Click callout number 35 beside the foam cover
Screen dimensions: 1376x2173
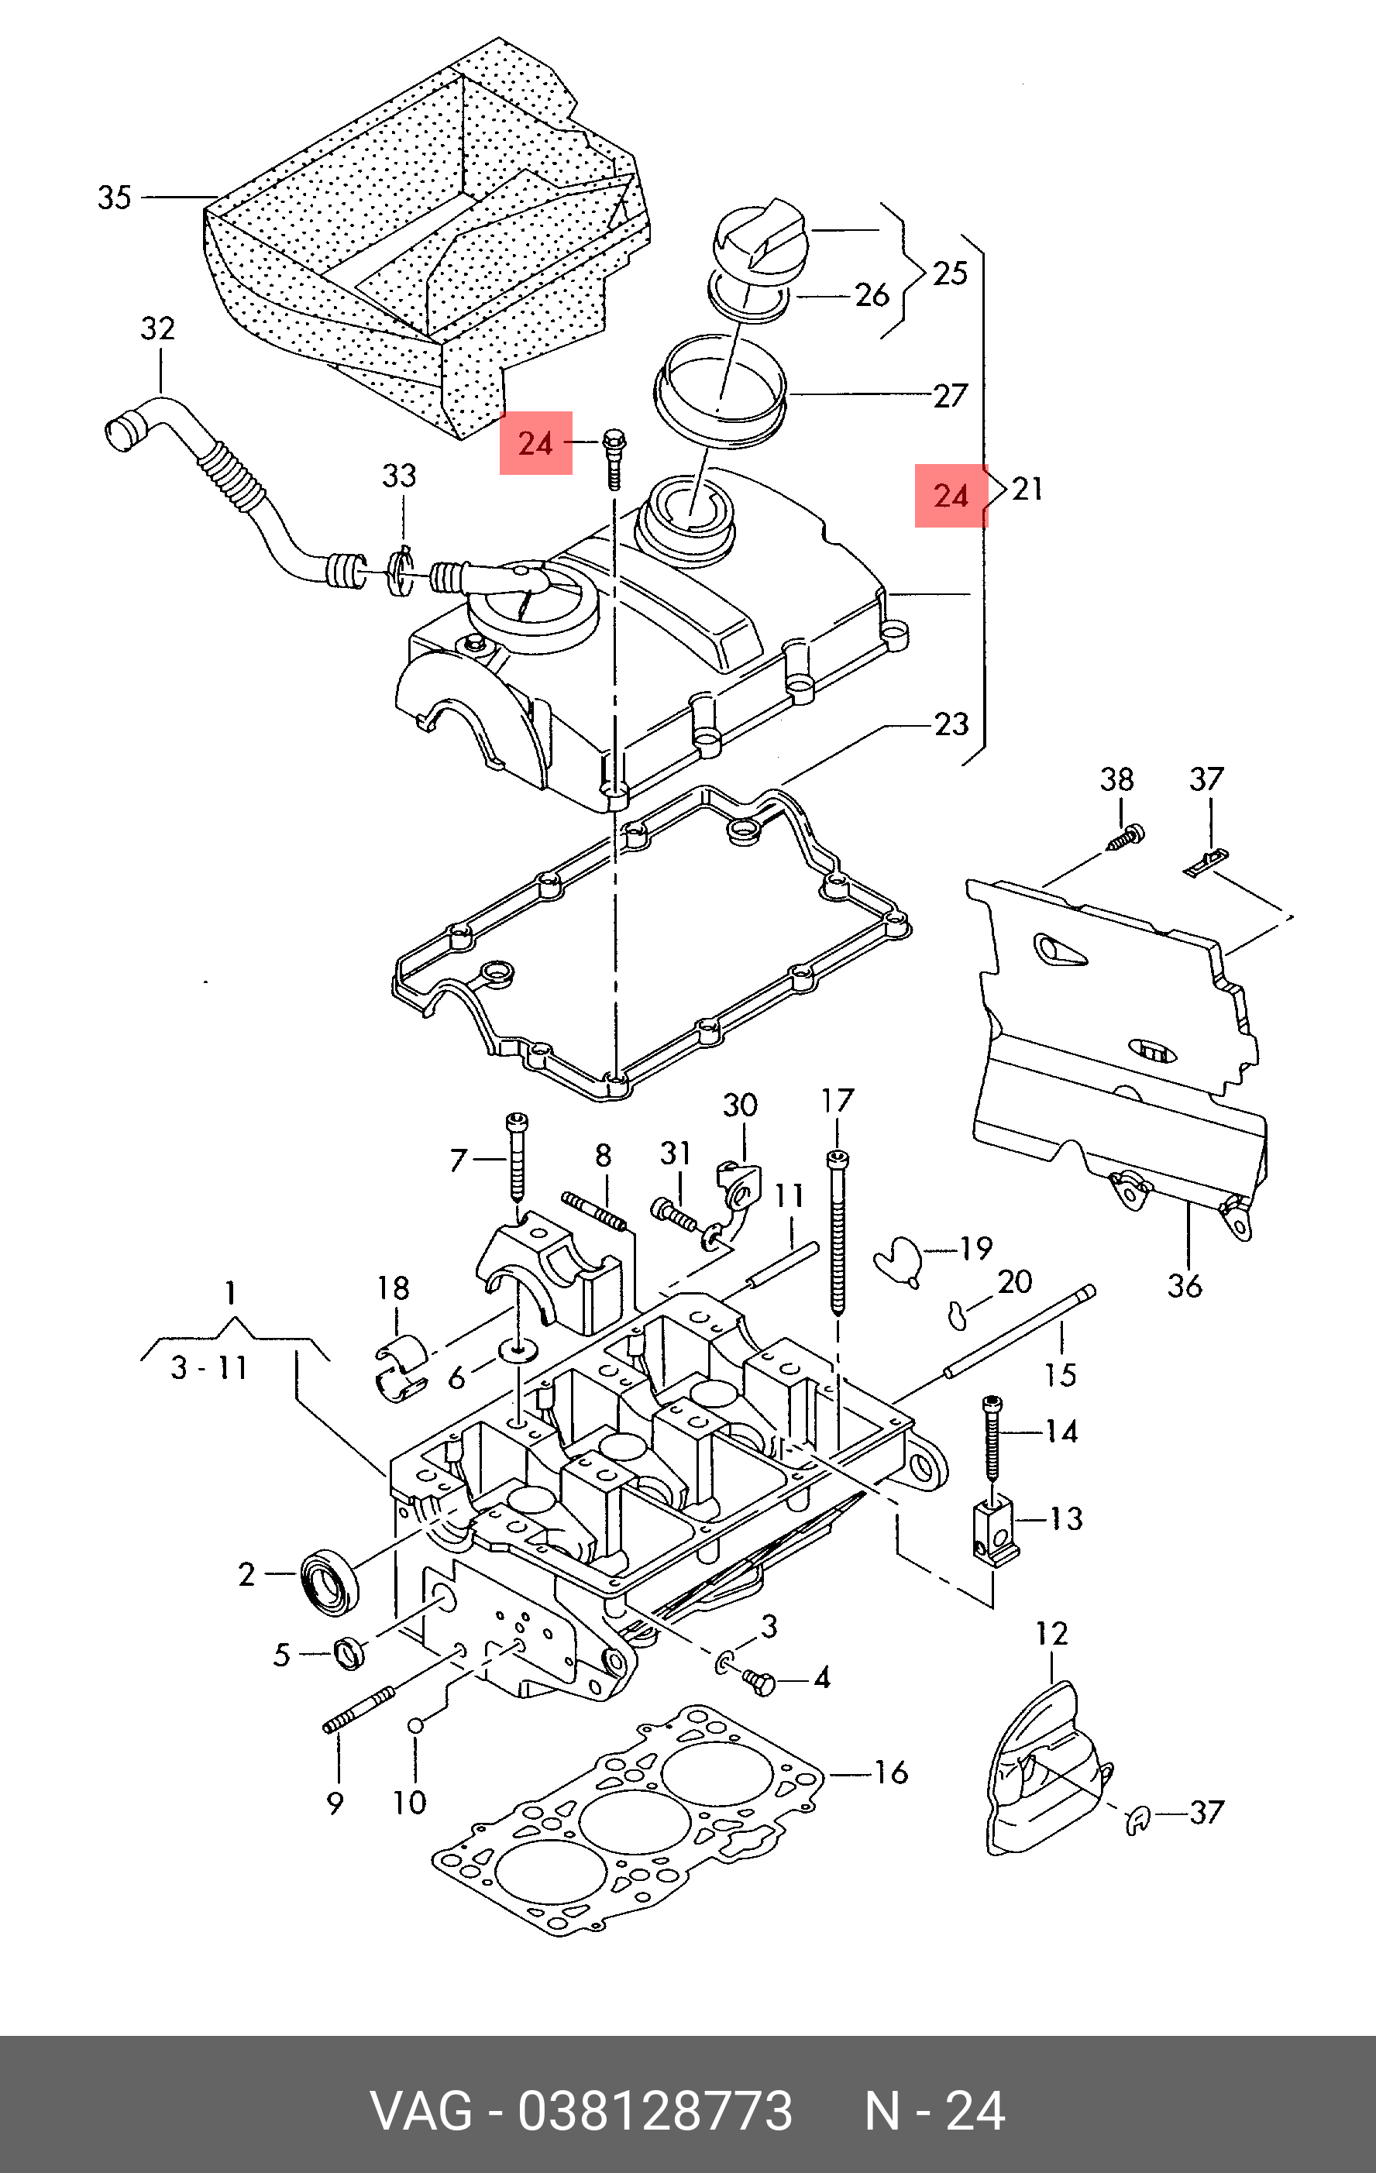[x=115, y=197]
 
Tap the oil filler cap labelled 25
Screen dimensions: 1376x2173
[x=759, y=236]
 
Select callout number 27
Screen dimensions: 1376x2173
[x=950, y=394]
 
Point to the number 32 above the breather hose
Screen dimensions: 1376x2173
[x=158, y=328]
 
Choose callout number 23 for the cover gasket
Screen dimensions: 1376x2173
[x=951, y=724]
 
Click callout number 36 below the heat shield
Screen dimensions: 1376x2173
[x=1185, y=1285]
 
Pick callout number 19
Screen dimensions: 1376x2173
[x=975, y=1248]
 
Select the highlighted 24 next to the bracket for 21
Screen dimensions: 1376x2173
[x=951, y=496]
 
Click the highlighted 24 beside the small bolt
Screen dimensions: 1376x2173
[x=536, y=443]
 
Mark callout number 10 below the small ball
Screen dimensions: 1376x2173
[x=409, y=1803]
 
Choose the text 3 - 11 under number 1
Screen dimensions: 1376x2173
[x=209, y=1367]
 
